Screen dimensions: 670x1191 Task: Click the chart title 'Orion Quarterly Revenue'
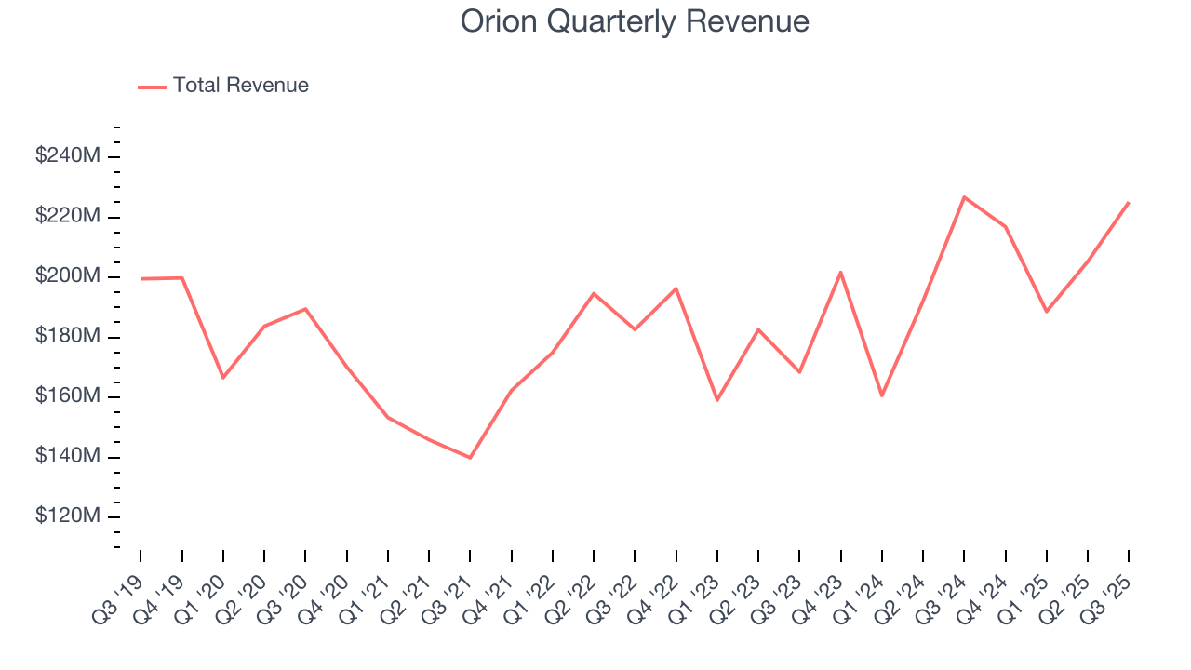635,21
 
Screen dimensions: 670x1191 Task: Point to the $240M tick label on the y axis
67,156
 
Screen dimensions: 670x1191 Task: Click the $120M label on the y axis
67,516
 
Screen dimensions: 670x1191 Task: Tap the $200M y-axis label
67,276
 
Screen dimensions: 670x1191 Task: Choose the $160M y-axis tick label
67,396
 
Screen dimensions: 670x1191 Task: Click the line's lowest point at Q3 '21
470,458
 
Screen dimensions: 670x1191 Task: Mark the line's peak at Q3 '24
964,197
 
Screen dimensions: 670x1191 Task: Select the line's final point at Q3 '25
1129,203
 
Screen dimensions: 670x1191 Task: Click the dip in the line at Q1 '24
881,395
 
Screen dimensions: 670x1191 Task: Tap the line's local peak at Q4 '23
840,273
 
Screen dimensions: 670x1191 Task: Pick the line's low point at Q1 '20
223,378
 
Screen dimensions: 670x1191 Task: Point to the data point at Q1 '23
717,400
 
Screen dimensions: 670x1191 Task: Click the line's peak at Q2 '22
594,293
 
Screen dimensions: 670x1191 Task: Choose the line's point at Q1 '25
1046,311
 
